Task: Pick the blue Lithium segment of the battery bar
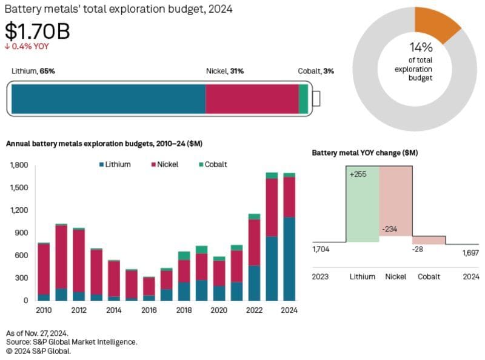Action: point(108,99)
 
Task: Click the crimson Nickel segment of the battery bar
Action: point(252,99)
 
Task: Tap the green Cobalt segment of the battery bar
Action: point(303,99)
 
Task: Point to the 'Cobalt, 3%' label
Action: point(315,71)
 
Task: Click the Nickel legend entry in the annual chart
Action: point(166,164)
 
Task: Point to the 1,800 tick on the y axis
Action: point(20,165)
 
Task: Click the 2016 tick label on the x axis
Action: point(149,310)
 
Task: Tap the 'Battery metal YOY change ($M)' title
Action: point(364,153)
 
